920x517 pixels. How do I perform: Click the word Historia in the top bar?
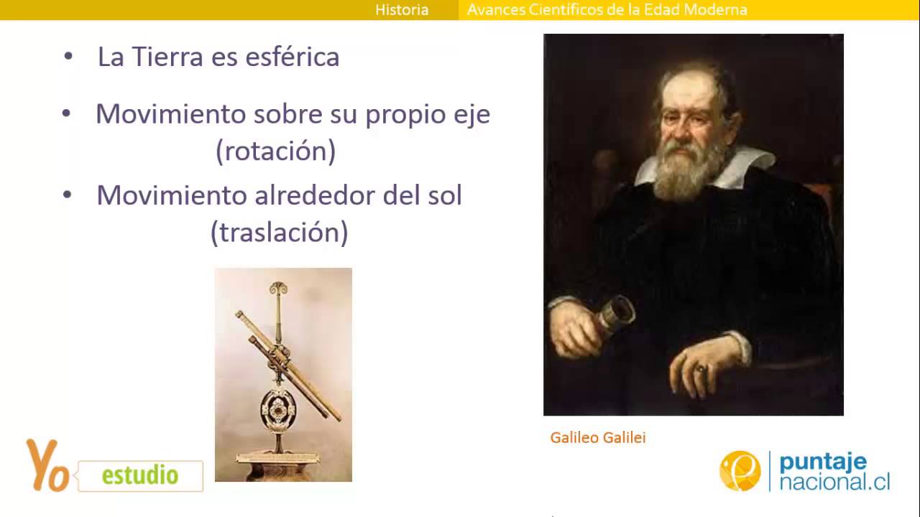(402, 10)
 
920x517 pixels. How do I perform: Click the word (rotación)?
(276, 151)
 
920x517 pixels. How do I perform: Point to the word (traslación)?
(280, 232)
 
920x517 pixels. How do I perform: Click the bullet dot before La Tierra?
(68, 56)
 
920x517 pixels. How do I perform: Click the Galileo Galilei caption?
(598, 437)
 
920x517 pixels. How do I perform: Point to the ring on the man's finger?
(700, 368)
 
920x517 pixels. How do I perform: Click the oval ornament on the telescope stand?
(276, 410)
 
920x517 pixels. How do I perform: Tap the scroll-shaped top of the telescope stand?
(277, 289)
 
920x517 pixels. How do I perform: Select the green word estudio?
(140, 475)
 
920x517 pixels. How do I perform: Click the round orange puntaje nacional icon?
(740, 471)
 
